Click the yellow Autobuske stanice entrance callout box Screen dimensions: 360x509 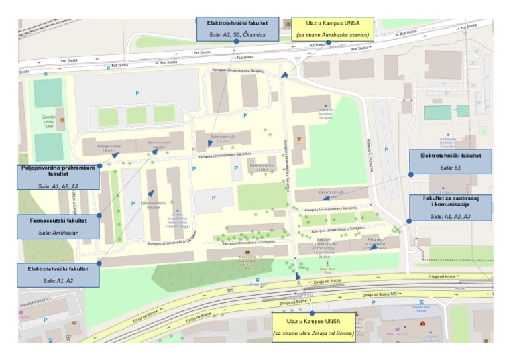coord(333,29)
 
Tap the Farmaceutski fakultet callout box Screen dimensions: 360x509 coord(58,225)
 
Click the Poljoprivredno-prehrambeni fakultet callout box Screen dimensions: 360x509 coord(58,177)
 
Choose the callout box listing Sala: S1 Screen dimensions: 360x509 coord(451,162)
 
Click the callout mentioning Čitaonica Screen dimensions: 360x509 coord(236,29)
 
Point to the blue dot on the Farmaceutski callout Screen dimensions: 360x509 coord(99,215)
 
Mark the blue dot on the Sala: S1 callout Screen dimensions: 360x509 coord(410,174)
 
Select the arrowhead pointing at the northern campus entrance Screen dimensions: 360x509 coord(284,76)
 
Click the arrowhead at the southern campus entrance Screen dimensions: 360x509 coord(298,275)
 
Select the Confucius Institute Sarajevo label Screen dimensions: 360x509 coord(325,113)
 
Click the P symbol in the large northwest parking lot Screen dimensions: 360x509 coord(137,93)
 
